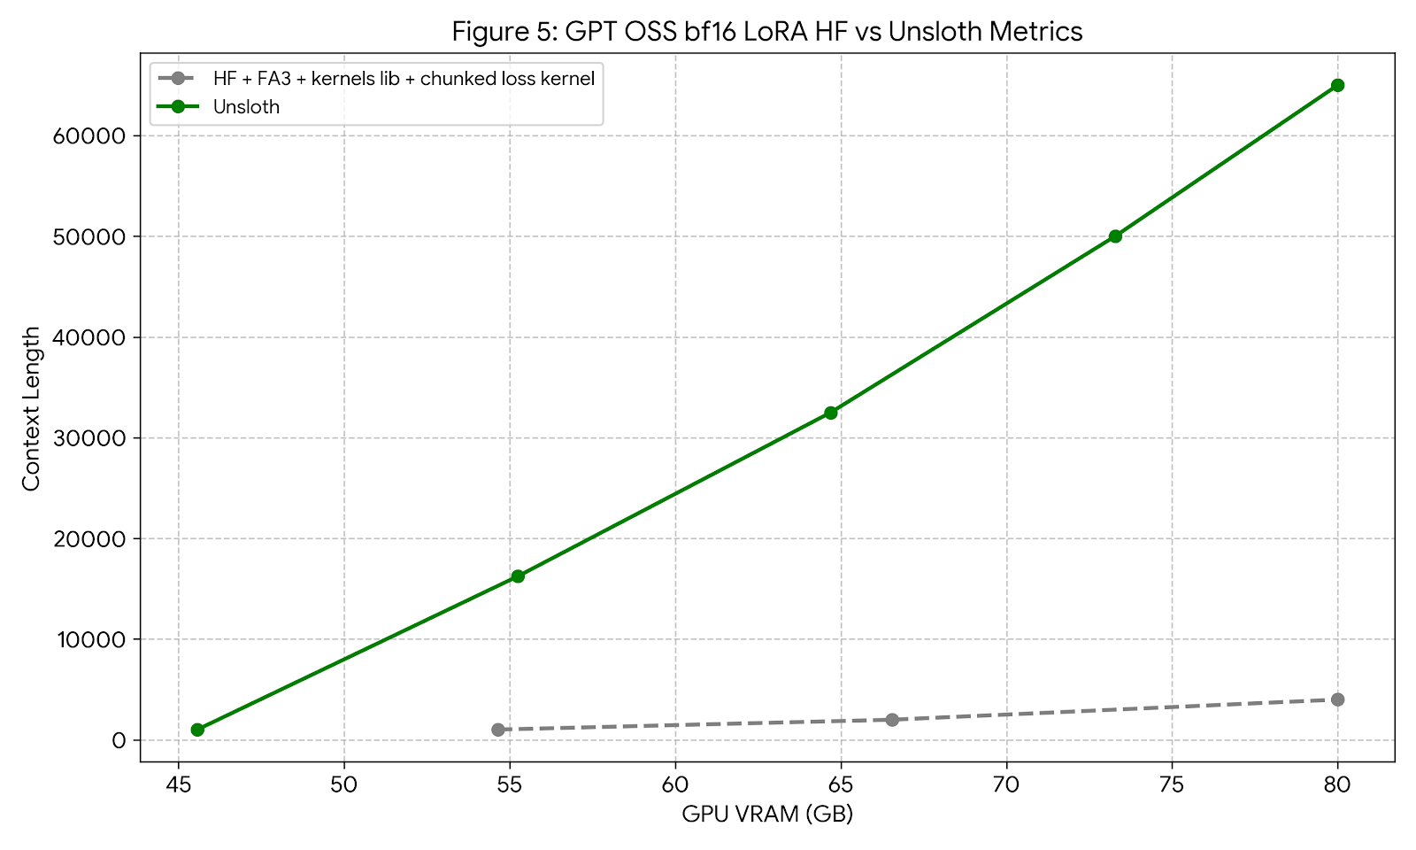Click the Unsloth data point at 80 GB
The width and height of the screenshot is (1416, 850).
[x=1337, y=85]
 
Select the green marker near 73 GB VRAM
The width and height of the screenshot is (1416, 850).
[x=1115, y=236]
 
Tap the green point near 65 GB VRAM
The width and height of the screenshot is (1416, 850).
[x=830, y=413]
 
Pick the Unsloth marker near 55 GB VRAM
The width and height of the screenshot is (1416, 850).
[x=518, y=576]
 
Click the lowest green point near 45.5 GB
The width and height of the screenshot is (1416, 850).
[x=197, y=730]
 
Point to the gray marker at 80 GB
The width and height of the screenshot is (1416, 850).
[x=1337, y=699]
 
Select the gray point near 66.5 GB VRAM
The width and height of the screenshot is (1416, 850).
[x=891, y=720]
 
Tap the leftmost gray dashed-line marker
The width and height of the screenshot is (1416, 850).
[x=498, y=730]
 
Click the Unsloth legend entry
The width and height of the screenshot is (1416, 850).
[x=246, y=107]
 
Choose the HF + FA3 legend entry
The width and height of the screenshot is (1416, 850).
[x=403, y=78]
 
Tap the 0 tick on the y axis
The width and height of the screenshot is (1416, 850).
[x=119, y=740]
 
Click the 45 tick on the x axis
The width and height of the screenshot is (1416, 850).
[x=179, y=784]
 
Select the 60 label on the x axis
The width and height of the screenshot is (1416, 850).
[x=675, y=784]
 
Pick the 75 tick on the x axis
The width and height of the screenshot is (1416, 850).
[x=1172, y=784]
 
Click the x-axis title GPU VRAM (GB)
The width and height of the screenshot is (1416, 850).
[x=766, y=815]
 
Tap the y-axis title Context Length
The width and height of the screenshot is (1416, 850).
[x=32, y=408]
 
